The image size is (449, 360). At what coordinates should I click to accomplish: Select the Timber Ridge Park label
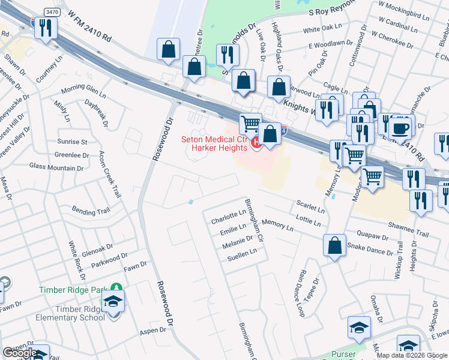[x=77, y=289]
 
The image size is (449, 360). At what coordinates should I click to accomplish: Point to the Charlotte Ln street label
[x=228, y=217]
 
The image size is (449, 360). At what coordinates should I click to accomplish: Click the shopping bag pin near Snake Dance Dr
[x=334, y=245]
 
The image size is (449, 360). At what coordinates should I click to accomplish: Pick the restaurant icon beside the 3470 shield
[x=45, y=27]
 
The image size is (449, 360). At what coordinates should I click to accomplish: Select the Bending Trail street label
[x=91, y=211]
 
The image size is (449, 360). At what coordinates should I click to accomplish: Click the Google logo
[x=20, y=352]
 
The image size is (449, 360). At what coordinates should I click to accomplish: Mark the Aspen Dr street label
[x=154, y=330]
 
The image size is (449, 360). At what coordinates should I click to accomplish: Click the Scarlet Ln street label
[x=310, y=208]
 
